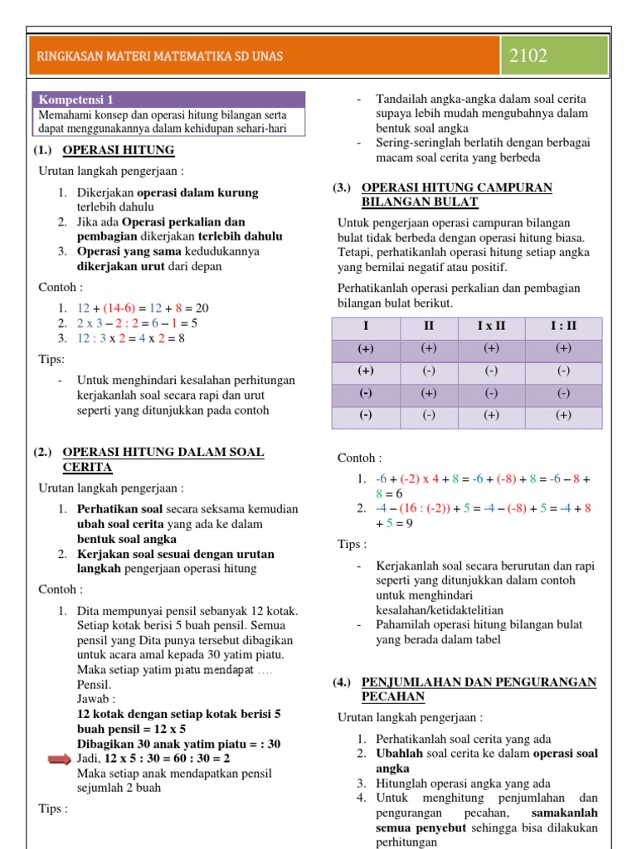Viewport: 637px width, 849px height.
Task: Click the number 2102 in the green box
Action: [528, 56]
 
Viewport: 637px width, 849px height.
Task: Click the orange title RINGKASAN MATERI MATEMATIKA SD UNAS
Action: [160, 56]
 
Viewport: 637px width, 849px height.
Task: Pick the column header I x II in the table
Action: [491, 326]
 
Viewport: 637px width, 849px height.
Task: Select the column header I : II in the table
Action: [563, 326]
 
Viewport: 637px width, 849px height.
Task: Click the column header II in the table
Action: [429, 326]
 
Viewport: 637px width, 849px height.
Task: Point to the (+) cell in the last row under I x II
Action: [491, 415]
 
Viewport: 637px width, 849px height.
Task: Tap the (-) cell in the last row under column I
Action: [365, 415]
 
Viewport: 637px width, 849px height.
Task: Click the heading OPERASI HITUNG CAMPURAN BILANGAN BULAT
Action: [456, 195]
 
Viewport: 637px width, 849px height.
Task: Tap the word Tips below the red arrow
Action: [53, 808]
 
